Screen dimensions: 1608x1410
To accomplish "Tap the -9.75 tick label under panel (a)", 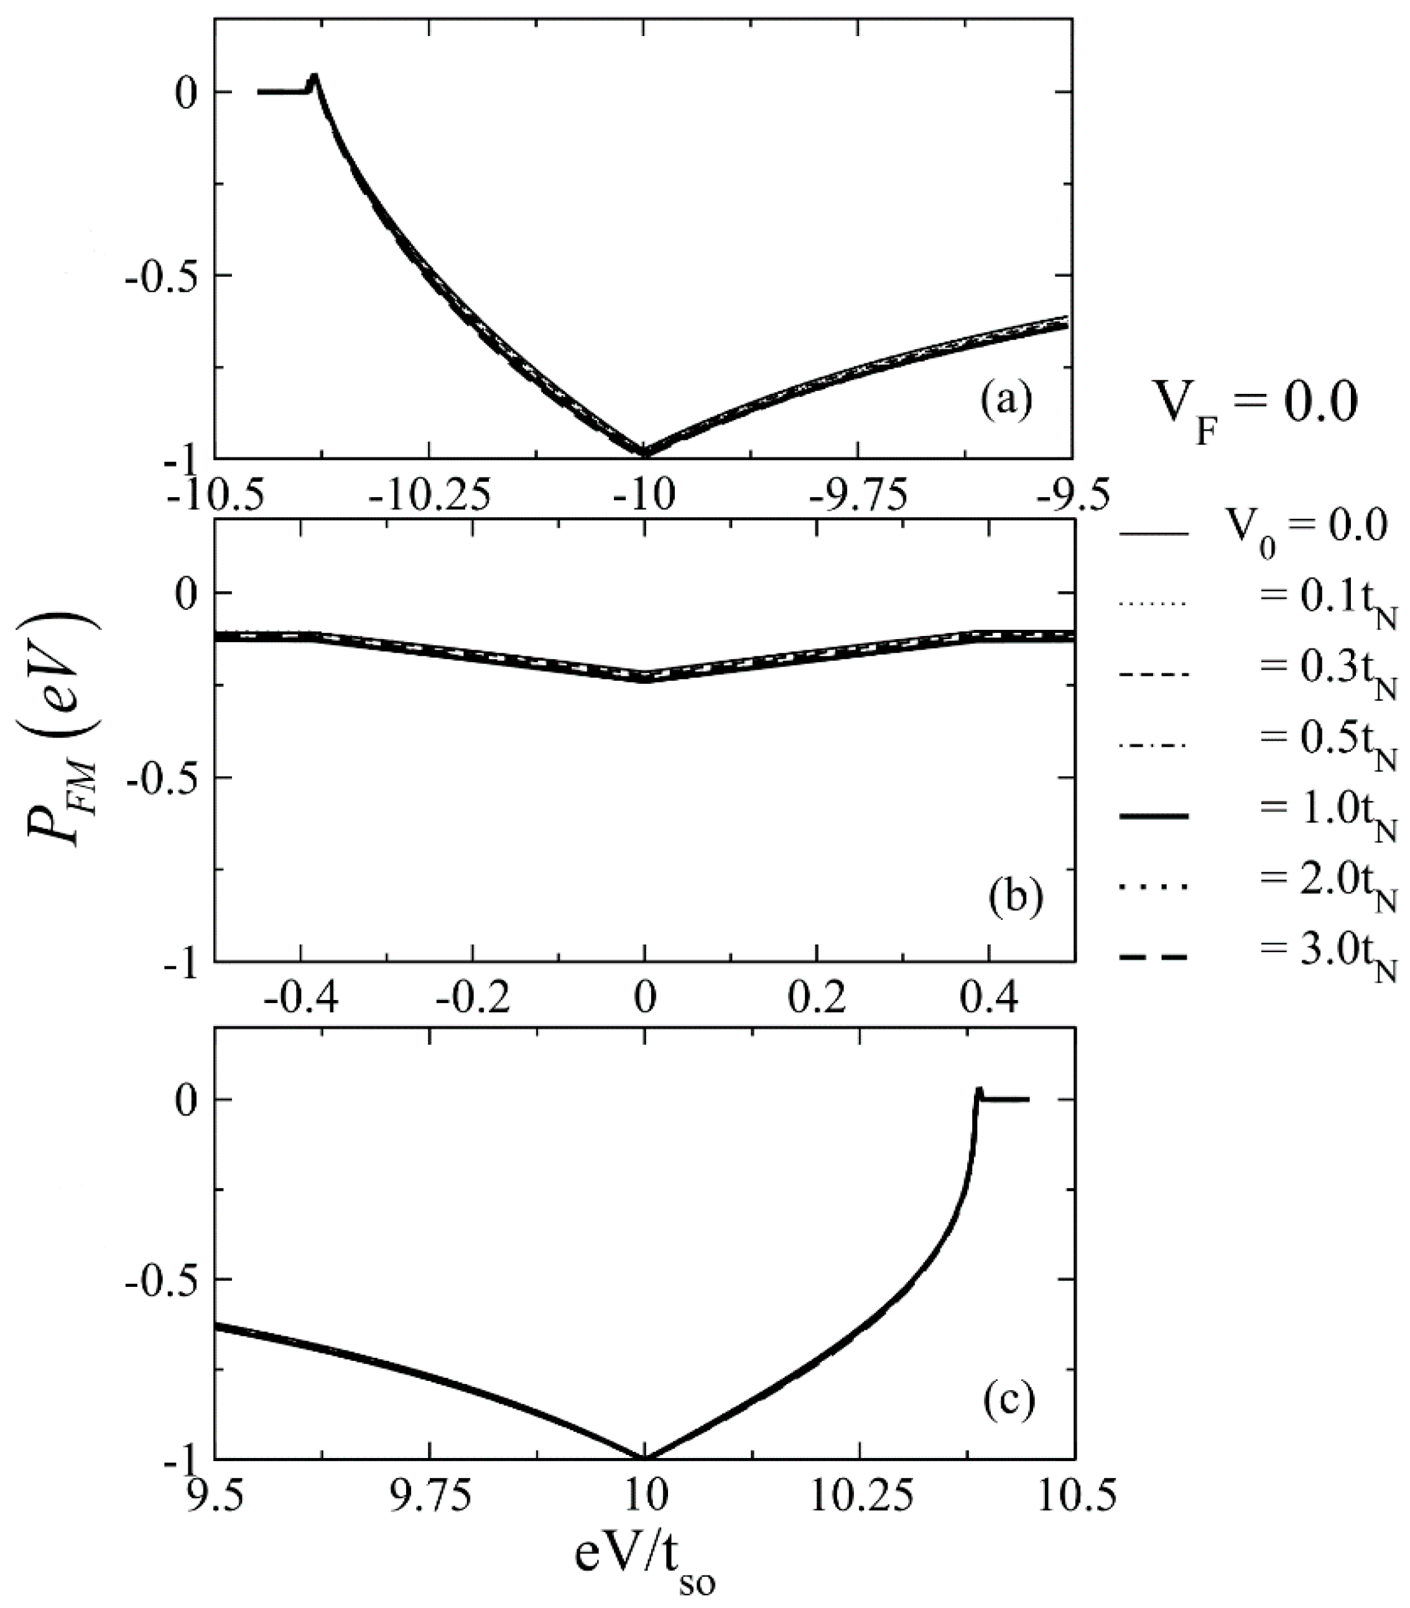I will pyautogui.click(x=859, y=495).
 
